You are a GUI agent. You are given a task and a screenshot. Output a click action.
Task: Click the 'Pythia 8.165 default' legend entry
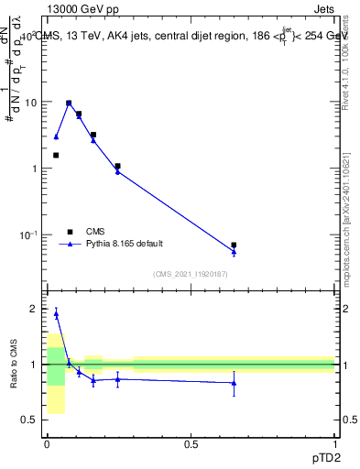pos(125,244)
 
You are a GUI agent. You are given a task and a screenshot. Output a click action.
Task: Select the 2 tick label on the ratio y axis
pos(35,310)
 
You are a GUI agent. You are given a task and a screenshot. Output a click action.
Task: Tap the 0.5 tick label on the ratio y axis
pos(31,420)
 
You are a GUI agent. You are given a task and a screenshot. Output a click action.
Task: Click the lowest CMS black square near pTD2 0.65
pos(234,245)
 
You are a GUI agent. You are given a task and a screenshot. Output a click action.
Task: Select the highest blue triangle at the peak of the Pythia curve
pos(69,104)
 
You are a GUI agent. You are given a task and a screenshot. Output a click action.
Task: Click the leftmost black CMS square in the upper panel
pos(56,155)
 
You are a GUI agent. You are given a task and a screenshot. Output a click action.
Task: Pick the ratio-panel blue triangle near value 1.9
pos(56,314)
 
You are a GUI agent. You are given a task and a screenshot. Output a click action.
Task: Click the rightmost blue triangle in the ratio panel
pos(234,383)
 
